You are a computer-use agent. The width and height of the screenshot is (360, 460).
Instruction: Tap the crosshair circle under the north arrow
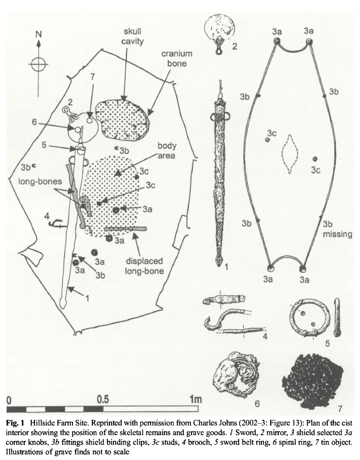39,64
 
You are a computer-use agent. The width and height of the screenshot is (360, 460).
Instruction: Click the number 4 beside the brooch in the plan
46,215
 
